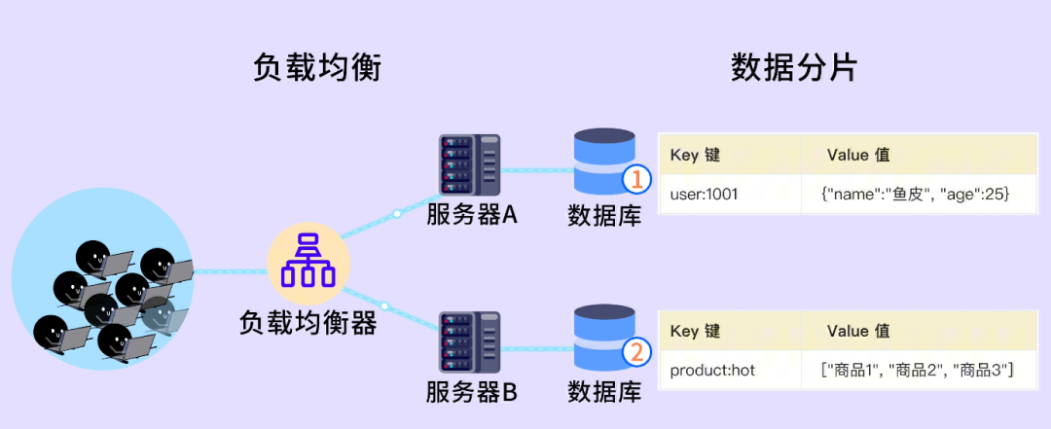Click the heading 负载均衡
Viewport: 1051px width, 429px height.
point(316,67)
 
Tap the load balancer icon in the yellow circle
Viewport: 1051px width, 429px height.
point(308,260)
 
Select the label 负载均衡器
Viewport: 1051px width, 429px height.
point(308,323)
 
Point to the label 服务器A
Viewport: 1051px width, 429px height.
point(471,214)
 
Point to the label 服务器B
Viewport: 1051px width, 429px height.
point(471,393)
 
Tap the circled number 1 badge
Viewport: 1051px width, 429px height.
point(635,179)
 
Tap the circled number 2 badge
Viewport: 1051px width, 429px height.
point(635,352)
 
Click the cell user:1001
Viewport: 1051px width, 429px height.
point(705,195)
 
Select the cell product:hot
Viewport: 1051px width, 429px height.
point(712,371)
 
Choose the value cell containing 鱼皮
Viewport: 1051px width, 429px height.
point(916,195)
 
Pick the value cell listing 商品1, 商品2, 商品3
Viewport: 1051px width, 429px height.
point(918,371)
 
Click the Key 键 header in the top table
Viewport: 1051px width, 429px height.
point(696,156)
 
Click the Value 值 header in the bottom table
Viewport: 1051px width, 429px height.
point(857,332)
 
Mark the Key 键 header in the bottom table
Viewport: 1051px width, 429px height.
point(696,332)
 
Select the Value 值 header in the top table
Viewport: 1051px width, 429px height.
point(857,156)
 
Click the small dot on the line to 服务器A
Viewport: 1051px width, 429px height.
point(397,213)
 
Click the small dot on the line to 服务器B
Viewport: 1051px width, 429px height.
point(384,306)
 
